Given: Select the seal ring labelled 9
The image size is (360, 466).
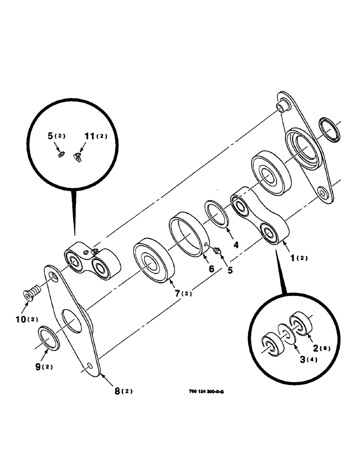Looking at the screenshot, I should pyautogui.click(x=48, y=338).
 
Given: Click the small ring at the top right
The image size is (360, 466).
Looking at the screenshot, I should pyautogui.click(x=331, y=130).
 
